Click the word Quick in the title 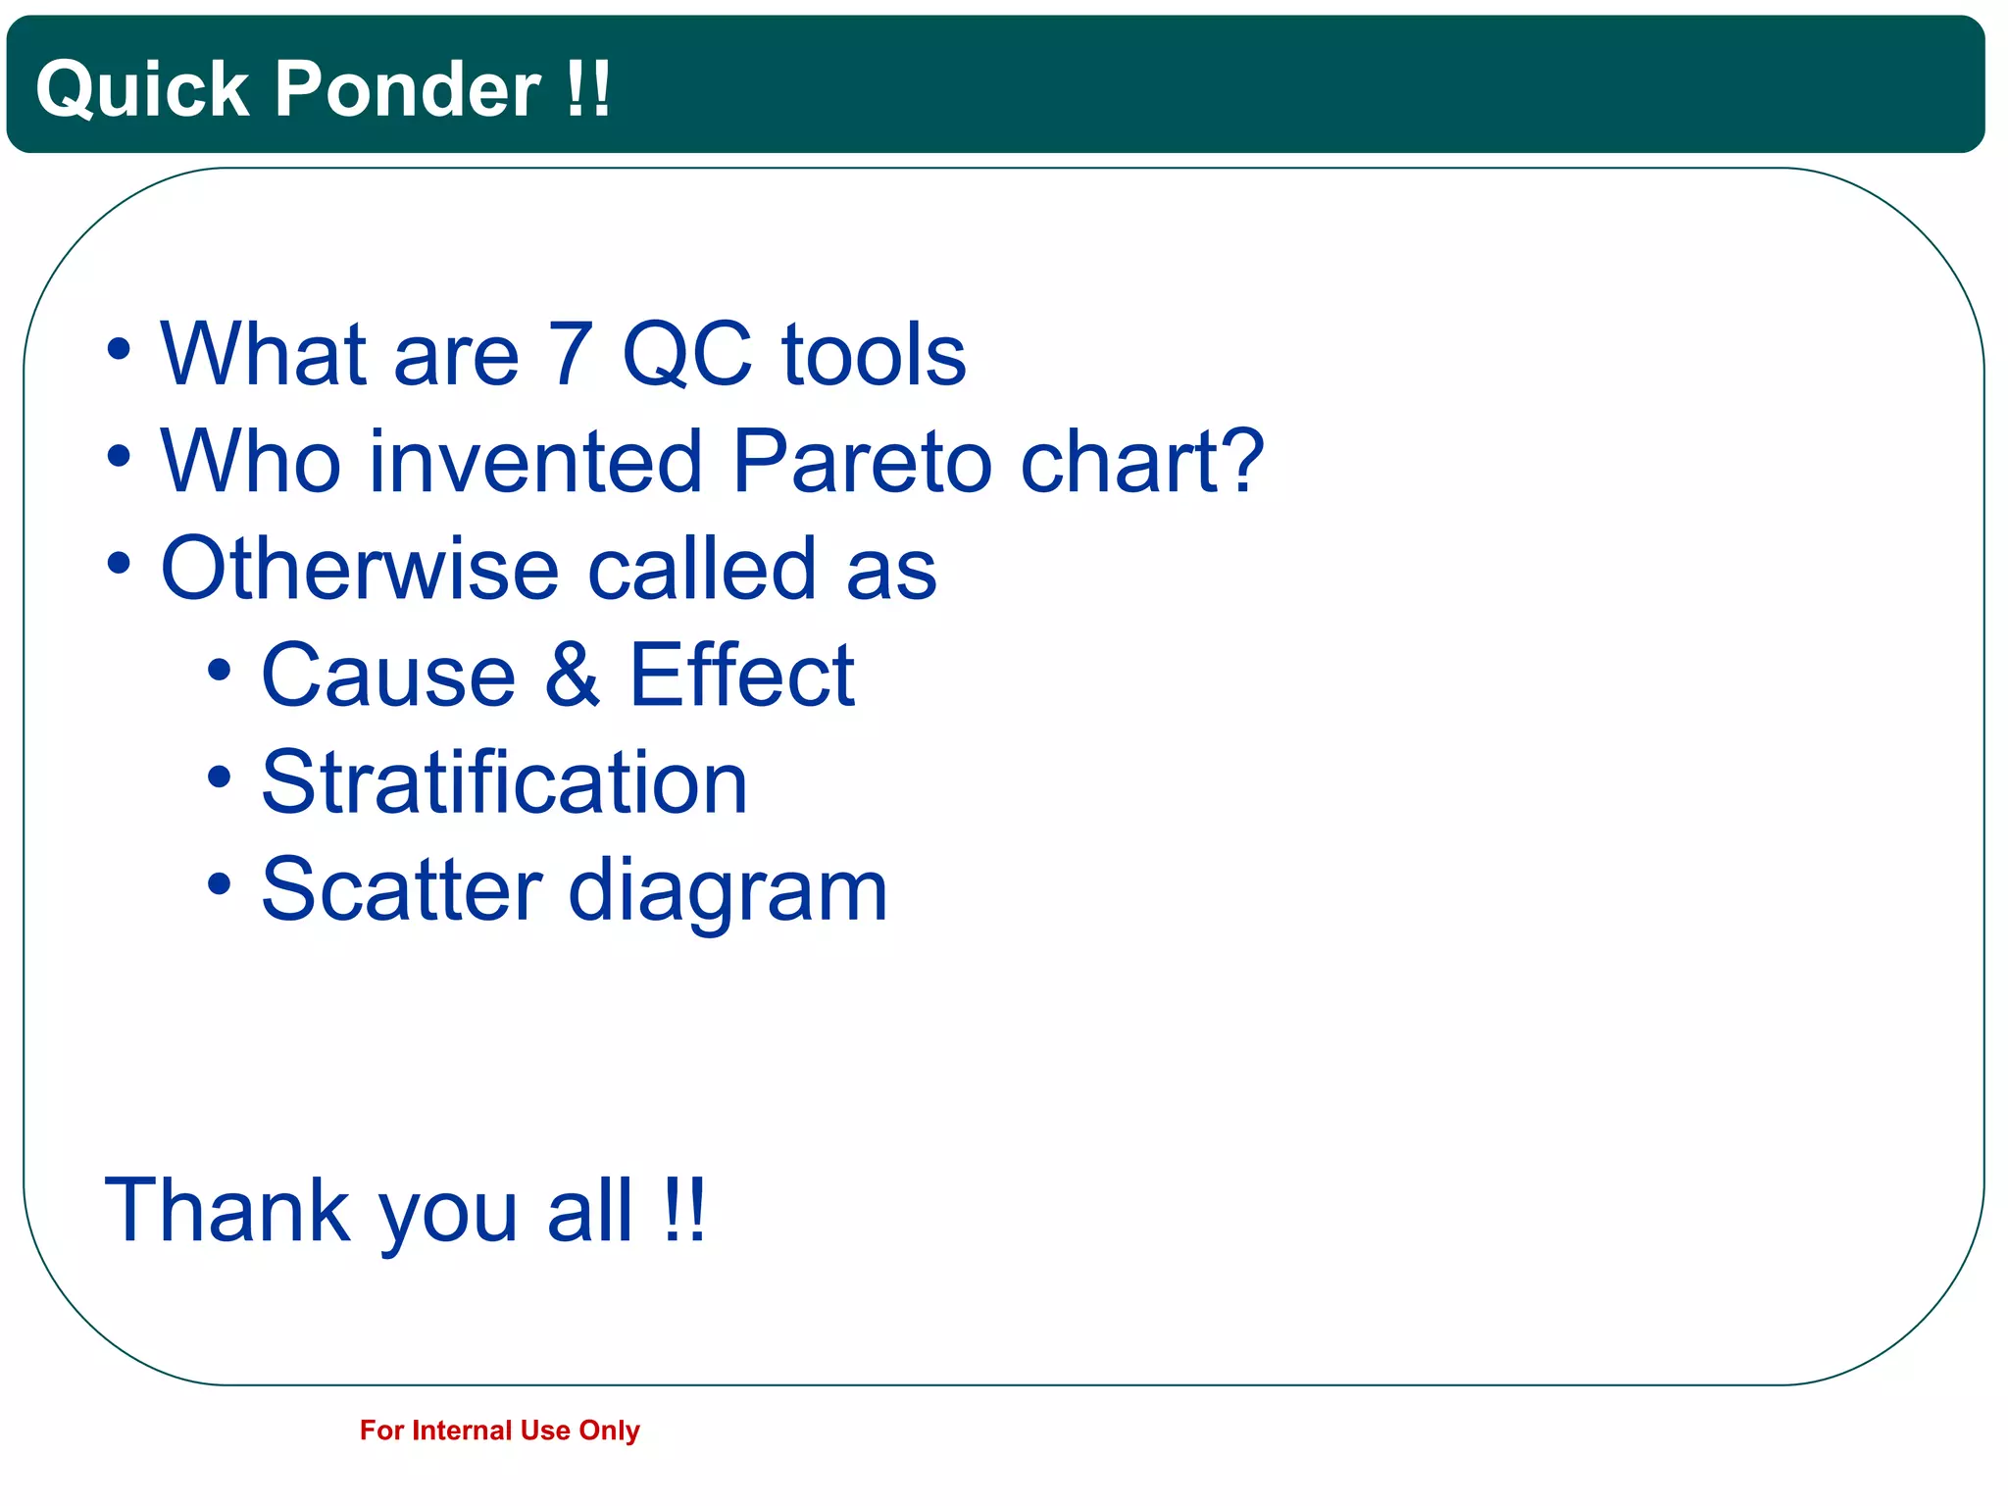point(142,90)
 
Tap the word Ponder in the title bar point(407,90)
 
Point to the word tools point(874,355)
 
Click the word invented point(535,462)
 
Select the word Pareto point(864,462)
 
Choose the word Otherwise point(360,569)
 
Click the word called point(701,569)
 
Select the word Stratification point(504,782)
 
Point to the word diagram point(728,892)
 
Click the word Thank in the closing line point(227,1211)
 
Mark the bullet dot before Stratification point(220,779)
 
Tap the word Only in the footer point(609,1431)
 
